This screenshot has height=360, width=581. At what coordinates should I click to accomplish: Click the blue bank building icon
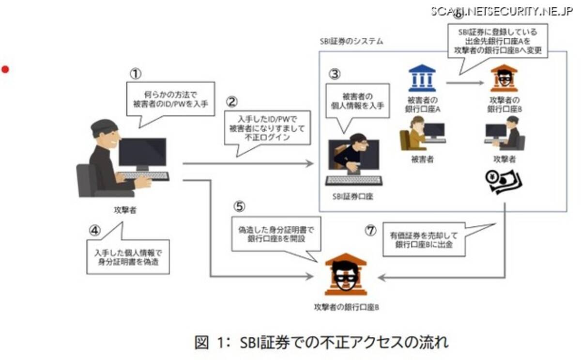[x=422, y=78]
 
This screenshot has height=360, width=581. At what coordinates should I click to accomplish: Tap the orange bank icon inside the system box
[x=504, y=78]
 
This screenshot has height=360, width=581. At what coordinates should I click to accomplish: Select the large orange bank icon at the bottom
[x=346, y=274]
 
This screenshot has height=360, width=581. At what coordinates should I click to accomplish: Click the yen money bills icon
[x=504, y=182]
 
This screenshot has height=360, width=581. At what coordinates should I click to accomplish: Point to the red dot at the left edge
[x=5, y=69]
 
